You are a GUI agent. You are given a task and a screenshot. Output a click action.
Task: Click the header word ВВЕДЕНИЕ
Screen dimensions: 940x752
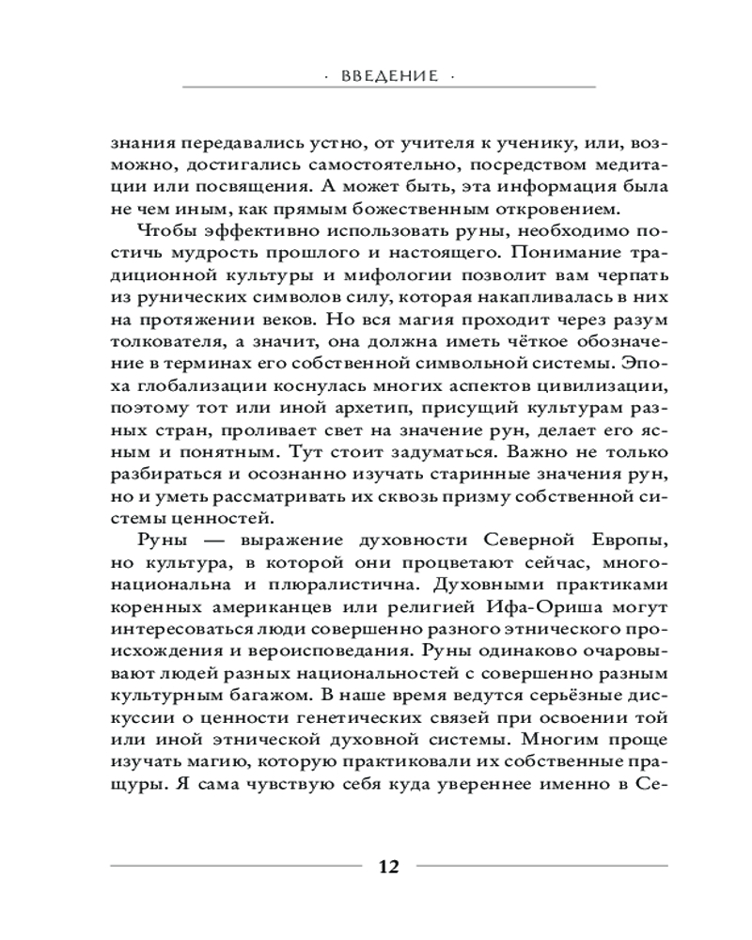click(387, 76)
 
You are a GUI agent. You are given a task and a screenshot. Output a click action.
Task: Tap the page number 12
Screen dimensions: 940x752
click(388, 866)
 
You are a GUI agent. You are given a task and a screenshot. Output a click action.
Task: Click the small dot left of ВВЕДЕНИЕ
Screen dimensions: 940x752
click(327, 76)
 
